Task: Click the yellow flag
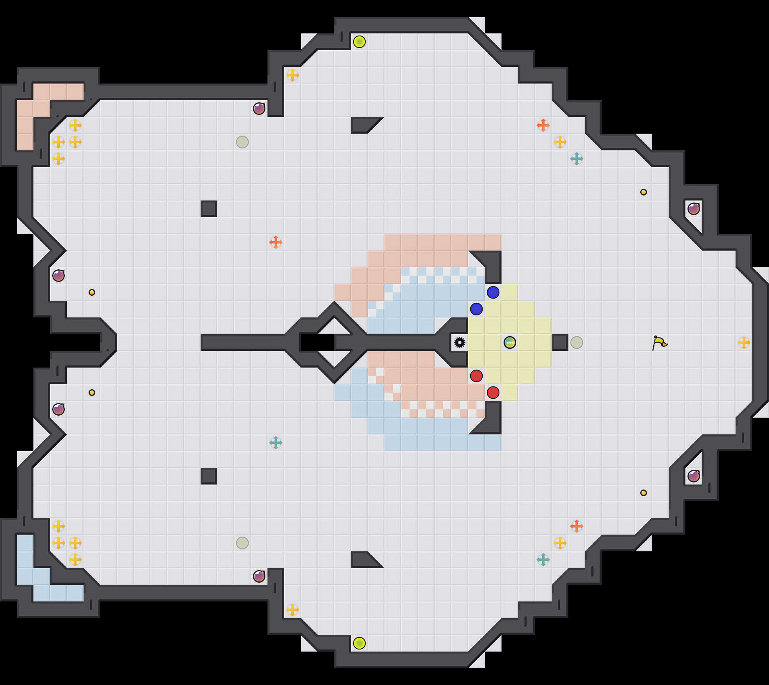pos(660,342)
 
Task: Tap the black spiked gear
pos(460,342)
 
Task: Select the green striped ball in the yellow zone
pos(510,342)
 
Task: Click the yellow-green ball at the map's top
pos(359,42)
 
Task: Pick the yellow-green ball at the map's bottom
pos(359,643)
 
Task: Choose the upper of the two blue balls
pos(493,292)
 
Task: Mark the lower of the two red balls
pos(493,393)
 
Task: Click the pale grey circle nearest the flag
pos(577,342)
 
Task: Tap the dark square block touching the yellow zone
pos(560,342)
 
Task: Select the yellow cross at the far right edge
pos(744,342)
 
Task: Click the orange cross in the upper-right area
pos(543,125)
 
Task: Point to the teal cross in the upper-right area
pos(577,159)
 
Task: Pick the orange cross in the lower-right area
pos(577,526)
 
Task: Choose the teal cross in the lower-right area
pos(543,560)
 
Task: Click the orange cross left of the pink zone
pos(276,242)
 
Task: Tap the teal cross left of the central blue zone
pos(276,443)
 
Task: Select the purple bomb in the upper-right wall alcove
pos(694,208)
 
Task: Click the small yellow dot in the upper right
pos(644,192)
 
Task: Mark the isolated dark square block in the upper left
pos(209,209)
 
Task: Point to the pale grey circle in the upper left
pos(242,142)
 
